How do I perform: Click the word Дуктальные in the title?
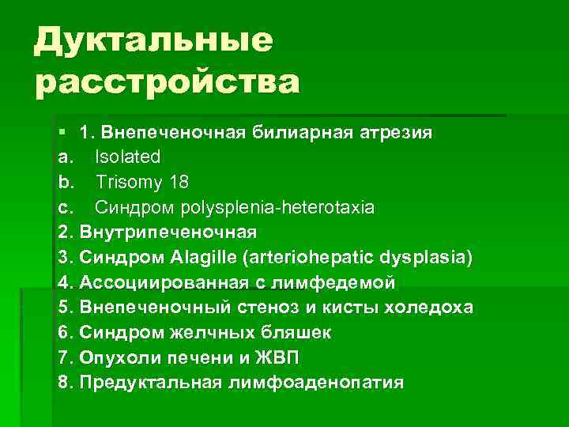(x=153, y=40)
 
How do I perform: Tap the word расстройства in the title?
(x=167, y=82)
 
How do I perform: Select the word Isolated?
(x=128, y=156)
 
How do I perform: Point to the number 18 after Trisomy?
(x=179, y=182)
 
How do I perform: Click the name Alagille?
(x=198, y=258)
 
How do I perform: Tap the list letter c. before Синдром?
(x=66, y=207)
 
